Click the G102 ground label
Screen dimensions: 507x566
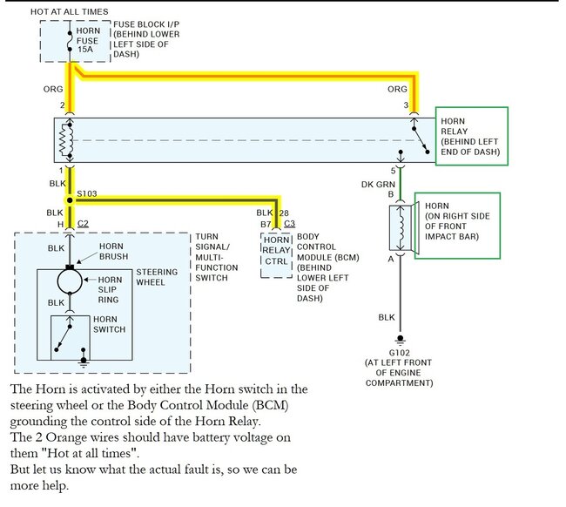[x=400, y=353]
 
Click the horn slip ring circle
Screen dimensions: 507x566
[x=71, y=282]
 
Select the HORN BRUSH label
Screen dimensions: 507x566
[x=111, y=252]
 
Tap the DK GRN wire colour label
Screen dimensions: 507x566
[x=380, y=184]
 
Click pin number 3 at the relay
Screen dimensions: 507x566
[x=406, y=106]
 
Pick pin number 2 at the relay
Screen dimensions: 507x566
[x=63, y=106]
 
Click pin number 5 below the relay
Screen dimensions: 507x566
[x=394, y=170]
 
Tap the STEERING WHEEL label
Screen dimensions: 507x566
[x=158, y=277]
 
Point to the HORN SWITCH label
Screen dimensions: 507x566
[x=110, y=325]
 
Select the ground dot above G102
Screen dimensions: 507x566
[x=400, y=339]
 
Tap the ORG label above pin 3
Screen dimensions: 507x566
[x=396, y=90]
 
